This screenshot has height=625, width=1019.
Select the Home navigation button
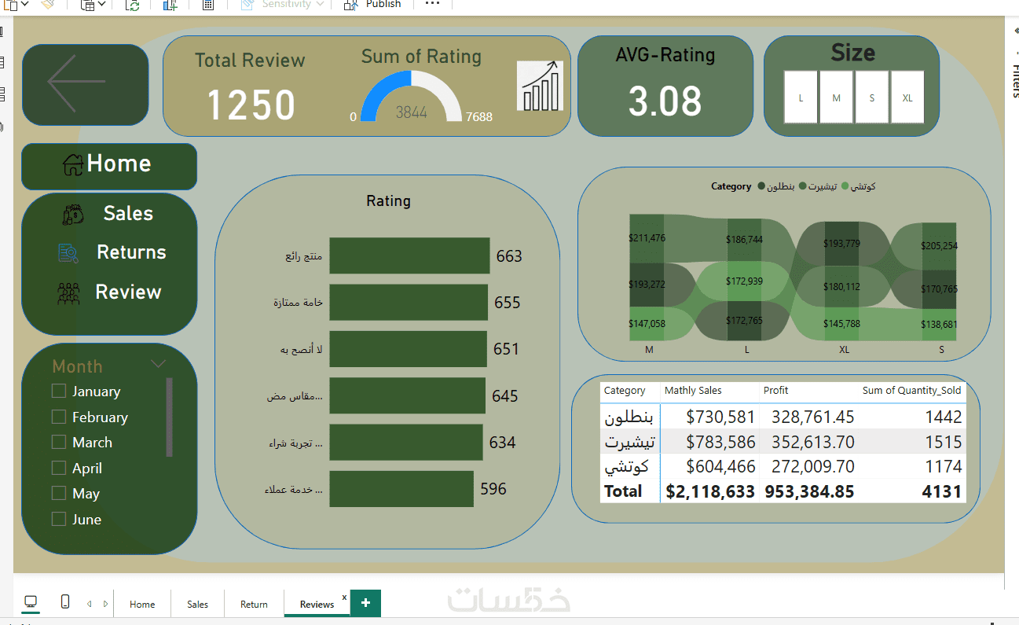point(109,164)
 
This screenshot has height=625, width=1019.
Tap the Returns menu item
point(130,252)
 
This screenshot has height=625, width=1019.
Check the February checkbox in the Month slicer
point(58,417)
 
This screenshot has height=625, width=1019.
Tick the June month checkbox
point(58,519)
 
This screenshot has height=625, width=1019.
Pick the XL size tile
point(907,97)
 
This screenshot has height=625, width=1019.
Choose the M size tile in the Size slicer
point(836,97)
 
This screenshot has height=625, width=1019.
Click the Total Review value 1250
point(251,105)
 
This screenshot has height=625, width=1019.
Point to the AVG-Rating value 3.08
point(665,101)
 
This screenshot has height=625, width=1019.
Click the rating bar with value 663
point(409,256)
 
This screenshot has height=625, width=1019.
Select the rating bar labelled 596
point(401,489)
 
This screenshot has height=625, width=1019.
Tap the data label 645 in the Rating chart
point(504,396)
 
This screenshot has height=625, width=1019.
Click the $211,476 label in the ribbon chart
point(647,238)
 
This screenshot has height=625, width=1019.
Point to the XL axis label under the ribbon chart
point(844,350)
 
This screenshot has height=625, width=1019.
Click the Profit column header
point(775,391)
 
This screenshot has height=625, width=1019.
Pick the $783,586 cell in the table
point(720,443)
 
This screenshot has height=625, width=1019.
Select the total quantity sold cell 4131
point(943,491)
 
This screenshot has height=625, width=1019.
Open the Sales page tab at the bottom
point(197,604)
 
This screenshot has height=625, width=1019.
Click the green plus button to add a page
point(365,603)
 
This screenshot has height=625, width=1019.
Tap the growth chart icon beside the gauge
point(541,86)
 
